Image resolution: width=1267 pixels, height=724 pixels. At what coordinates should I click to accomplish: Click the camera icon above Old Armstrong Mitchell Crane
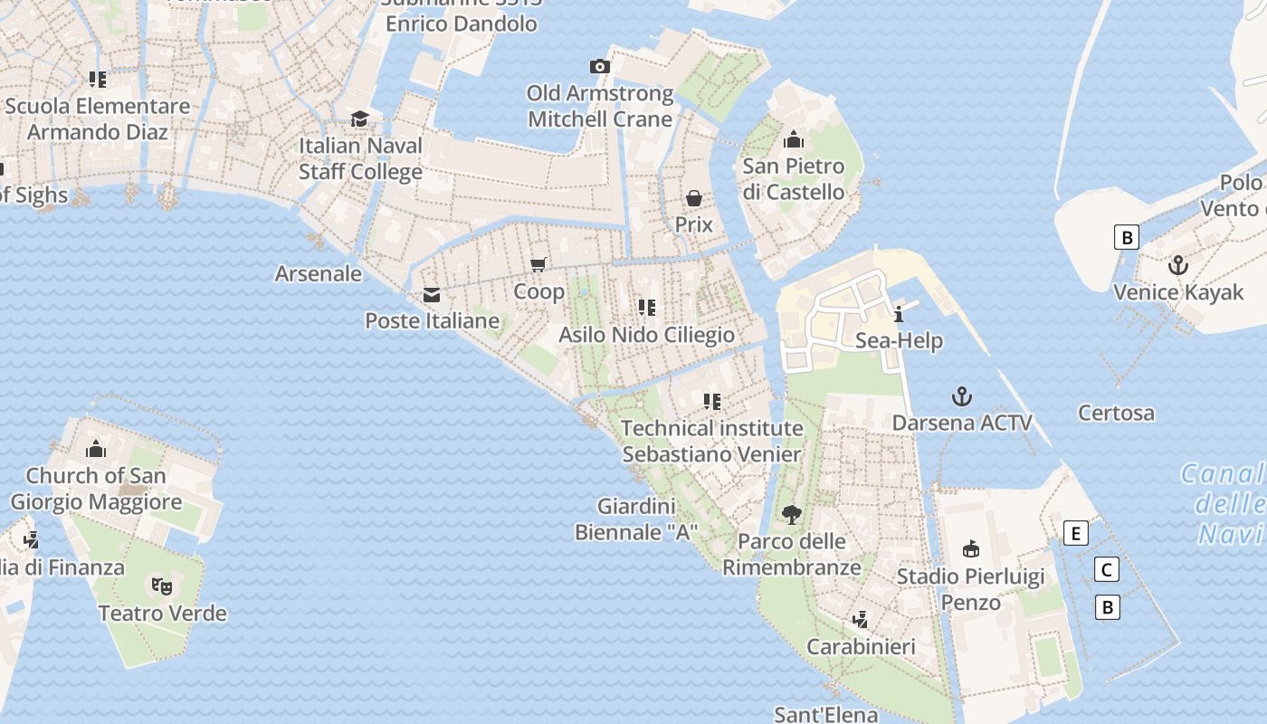pos(599,66)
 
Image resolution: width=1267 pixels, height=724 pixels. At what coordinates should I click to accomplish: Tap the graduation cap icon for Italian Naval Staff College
pos(360,119)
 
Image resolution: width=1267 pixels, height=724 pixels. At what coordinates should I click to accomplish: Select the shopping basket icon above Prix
pos(694,198)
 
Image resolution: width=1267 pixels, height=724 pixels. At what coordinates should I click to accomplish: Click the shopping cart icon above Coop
pos(538,264)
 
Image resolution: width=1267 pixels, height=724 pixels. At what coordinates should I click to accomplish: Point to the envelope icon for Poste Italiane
pos(432,295)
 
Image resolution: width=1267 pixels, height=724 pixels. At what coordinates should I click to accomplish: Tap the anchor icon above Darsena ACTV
pos(962,396)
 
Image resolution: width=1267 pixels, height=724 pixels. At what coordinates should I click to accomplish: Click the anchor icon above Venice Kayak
pos(1177,265)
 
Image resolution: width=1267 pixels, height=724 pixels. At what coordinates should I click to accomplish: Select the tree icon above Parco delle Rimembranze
pos(792,515)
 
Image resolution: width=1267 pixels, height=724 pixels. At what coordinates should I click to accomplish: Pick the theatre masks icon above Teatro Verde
pos(162,586)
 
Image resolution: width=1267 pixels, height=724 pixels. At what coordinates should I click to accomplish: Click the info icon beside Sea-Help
pos(899,314)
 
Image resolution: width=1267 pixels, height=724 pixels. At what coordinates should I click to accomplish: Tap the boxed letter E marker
pos(1076,533)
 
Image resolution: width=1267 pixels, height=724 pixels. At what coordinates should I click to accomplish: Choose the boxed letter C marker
pos(1106,569)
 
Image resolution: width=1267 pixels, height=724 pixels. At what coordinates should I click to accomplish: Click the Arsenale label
pos(319,273)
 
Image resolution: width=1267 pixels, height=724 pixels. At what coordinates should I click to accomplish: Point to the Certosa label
pos(1116,414)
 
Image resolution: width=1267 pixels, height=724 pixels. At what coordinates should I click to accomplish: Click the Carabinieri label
pos(861,647)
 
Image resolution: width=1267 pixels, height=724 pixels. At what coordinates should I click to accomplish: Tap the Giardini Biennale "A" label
pos(635,519)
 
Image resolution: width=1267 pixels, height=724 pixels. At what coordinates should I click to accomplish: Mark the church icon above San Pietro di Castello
pos(794,139)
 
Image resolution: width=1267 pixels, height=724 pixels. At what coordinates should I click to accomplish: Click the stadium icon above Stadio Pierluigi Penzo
pos(970,548)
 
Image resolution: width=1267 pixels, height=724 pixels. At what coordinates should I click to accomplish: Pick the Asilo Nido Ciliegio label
pos(646,335)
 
